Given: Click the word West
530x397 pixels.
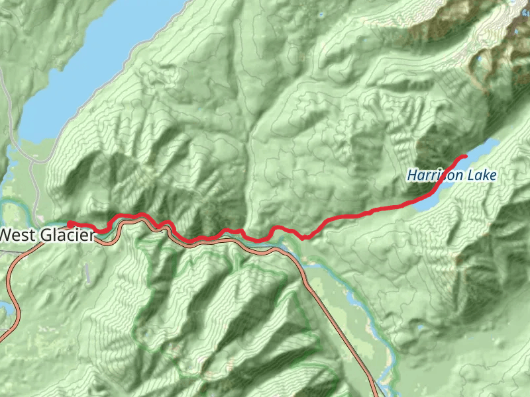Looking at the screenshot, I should click(x=18, y=234).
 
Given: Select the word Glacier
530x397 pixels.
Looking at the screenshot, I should click(x=66, y=234).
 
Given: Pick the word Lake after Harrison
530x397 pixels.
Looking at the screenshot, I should click(x=482, y=175).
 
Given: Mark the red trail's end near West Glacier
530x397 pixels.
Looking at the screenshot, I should click(x=70, y=224).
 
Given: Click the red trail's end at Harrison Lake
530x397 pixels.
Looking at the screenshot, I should click(x=464, y=156).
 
